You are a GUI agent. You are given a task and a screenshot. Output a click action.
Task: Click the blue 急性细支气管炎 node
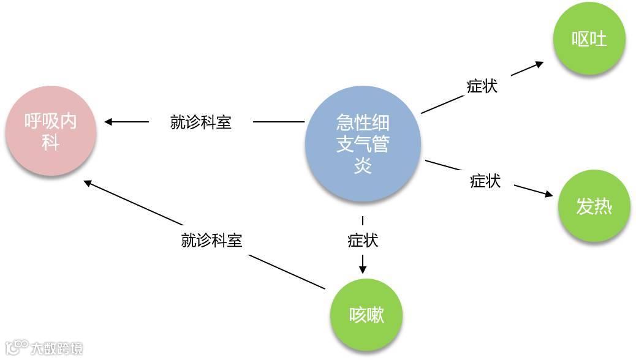363,144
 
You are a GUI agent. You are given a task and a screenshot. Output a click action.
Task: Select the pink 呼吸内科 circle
50,131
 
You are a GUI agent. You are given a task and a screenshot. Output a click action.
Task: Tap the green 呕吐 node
589,38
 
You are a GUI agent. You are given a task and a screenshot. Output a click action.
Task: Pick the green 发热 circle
594,206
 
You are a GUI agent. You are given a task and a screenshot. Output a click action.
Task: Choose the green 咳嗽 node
366,315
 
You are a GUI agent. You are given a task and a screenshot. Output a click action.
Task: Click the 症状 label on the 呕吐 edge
482,86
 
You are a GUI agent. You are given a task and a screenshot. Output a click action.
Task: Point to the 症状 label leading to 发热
485,181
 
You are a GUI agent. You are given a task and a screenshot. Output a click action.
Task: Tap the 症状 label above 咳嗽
363,240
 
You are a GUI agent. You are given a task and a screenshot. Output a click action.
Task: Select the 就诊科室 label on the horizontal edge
201,122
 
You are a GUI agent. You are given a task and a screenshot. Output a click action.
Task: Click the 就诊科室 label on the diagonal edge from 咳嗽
212,240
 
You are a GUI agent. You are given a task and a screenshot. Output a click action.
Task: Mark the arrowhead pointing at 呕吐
539,64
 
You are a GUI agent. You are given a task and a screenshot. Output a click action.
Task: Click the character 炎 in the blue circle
363,165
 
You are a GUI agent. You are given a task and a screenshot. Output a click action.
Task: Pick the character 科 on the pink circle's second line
50,143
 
